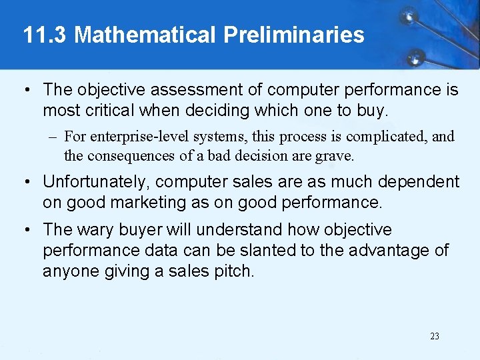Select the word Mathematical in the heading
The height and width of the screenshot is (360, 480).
145,35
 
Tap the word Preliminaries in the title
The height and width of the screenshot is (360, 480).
294,35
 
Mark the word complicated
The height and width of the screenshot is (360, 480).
383,137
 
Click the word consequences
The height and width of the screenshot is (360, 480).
133,156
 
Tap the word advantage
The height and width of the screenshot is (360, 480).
384,251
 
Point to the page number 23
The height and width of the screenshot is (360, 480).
435,336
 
